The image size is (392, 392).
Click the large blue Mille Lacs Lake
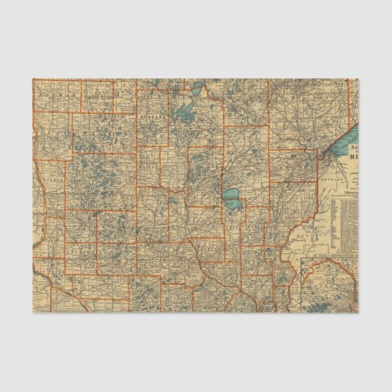pos(232,197)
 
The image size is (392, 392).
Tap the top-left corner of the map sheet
pos(33,79)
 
